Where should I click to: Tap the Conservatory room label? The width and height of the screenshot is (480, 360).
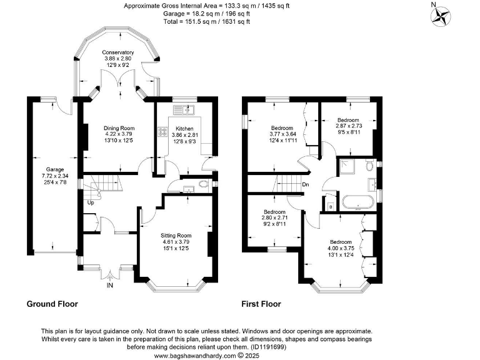119,53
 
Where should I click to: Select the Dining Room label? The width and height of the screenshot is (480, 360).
119,129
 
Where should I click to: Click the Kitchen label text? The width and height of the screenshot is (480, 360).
184,127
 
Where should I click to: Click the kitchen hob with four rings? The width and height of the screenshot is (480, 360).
163,132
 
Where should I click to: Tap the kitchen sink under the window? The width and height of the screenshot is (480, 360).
186,110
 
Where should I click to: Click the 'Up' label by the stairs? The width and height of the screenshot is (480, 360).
91,203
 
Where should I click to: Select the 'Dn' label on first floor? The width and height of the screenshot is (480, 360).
305,184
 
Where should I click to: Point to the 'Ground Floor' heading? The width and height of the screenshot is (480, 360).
52,304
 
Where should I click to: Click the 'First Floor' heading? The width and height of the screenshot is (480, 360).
261,304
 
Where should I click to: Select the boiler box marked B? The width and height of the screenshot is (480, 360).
330,206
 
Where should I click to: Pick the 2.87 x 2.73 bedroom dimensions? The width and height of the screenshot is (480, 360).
348,126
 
